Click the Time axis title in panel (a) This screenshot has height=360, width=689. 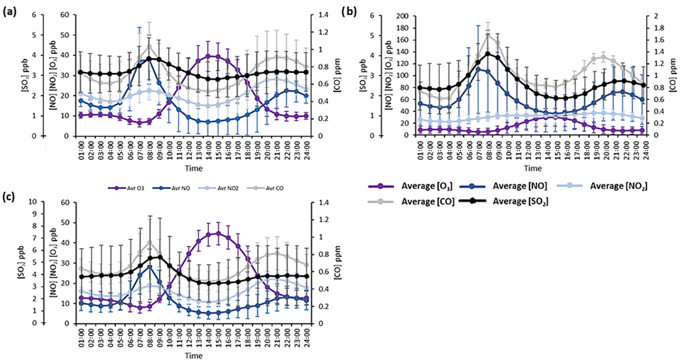[193, 167]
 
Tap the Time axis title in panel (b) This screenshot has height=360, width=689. [533, 167]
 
